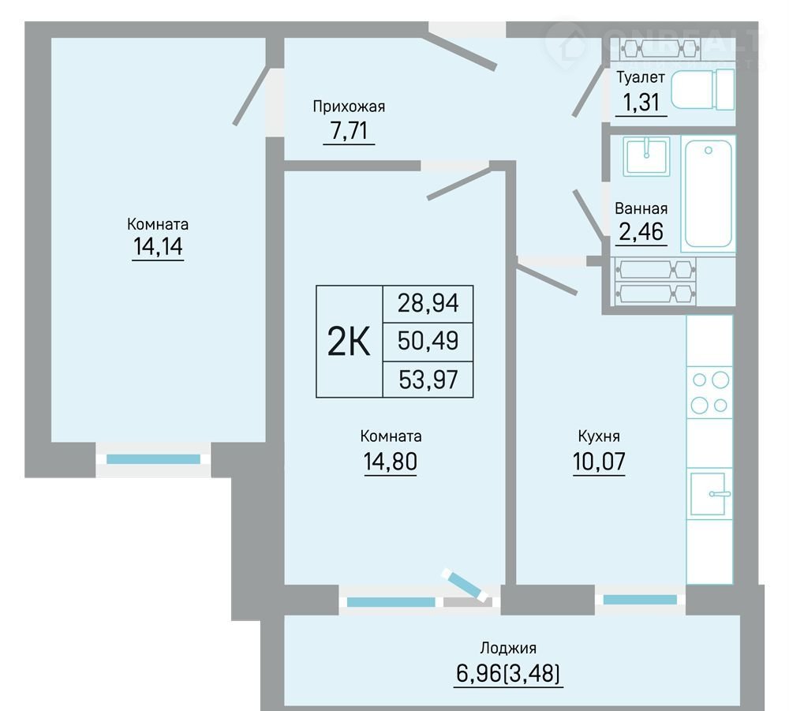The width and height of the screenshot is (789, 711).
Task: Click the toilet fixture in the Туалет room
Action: point(703,90)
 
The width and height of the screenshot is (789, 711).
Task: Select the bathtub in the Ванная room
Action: point(709,193)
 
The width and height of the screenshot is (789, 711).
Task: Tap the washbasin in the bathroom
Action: point(646,156)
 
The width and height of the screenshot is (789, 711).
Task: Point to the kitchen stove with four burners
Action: point(709,392)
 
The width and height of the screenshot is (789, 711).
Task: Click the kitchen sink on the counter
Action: point(710,494)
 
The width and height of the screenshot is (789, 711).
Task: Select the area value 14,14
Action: point(158,246)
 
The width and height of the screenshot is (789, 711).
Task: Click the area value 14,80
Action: point(391,461)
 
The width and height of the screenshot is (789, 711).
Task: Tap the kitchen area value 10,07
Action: point(599,461)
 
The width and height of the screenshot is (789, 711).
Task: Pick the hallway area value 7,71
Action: point(349,131)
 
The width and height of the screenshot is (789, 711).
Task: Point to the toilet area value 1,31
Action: point(641,102)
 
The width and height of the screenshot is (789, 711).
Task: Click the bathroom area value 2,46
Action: point(641,231)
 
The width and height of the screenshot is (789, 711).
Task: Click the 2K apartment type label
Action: point(349,341)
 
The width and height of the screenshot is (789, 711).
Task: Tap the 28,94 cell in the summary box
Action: point(428,304)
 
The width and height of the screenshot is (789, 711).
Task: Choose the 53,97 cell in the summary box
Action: point(428,380)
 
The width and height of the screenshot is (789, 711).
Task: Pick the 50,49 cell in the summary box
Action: point(428,341)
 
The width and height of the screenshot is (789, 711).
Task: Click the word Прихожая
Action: point(349,107)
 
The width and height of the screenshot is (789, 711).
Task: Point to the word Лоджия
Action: point(508,648)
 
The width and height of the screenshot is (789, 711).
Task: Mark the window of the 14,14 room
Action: point(154,459)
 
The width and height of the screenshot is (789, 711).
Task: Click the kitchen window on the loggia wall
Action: point(640,599)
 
